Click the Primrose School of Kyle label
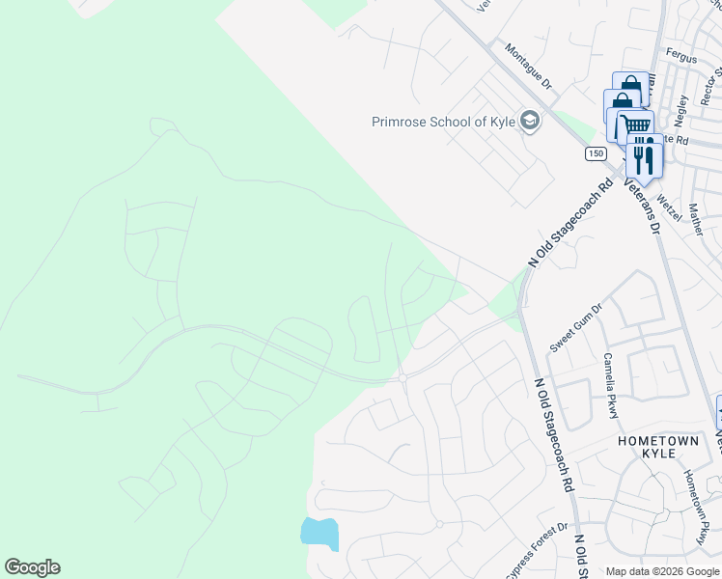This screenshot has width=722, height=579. [443, 122]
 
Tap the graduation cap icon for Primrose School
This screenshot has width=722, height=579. [528, 121]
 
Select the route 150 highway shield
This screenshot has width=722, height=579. [596, 153]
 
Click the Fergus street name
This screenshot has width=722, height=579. [680, 58]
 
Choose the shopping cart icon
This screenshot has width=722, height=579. [635, 126]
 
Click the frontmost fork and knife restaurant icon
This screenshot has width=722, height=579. [644, 154]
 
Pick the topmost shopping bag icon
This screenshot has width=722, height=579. [630, 87]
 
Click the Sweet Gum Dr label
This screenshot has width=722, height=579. [575, 327]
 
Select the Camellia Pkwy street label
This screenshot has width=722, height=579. [610, 385]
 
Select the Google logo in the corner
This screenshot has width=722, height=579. [32, 567]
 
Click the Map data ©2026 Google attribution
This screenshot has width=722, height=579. [661, 572]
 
